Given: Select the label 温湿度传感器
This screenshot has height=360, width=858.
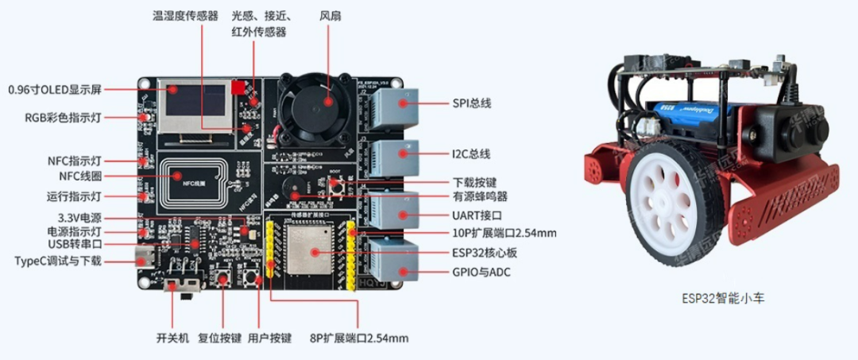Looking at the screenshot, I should coord(185,15).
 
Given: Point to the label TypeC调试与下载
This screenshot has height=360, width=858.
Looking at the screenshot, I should coord(58,261).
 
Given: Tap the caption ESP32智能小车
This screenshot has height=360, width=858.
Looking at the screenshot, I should coord(722,299).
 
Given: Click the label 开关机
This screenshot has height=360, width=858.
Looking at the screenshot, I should coord(172,338).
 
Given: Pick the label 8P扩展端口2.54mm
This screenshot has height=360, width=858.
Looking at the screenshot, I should coord(359,338).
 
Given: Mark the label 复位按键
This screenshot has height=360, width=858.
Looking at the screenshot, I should coord(218,338).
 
